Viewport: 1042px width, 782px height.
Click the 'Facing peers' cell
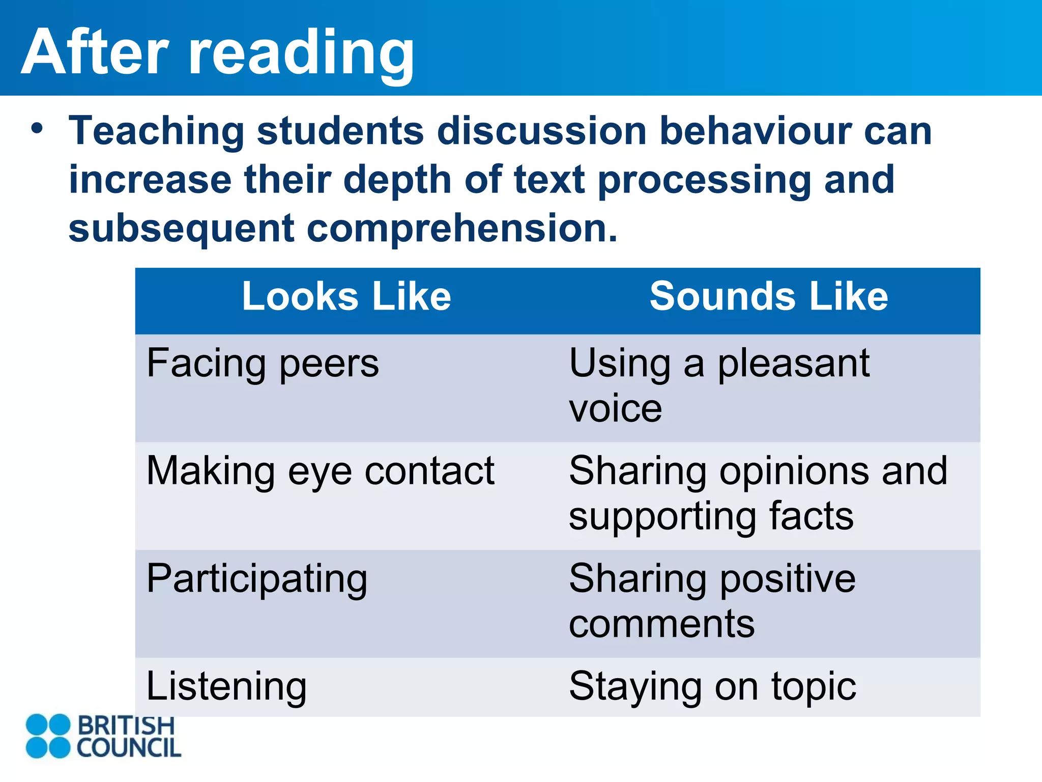(x=263, y=364)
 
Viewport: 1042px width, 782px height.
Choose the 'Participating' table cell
(x=257, y=579)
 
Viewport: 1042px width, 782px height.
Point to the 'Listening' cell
(x=226, y=687)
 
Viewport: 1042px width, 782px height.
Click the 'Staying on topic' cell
(x=712, y=687)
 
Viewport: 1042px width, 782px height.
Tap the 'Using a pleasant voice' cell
(x=719, y=386)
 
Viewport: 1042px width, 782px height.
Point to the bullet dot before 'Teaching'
(x=37, y=129)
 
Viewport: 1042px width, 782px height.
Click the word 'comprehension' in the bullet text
(x=462, y=229)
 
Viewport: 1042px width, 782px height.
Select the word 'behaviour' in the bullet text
(x=755, y=131)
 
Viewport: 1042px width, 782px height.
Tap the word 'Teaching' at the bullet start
(x=157, y=132)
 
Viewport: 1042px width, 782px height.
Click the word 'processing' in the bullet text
(x=704, y=181)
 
